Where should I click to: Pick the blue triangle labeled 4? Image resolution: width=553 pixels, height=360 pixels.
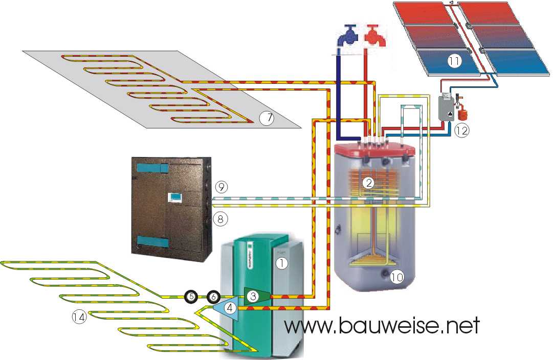click(229, 308)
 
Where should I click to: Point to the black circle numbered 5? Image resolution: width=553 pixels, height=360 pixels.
click(190, 296)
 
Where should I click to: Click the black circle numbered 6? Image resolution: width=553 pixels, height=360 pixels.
click(214, 296)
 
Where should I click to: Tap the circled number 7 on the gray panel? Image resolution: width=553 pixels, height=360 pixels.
click(267, 118)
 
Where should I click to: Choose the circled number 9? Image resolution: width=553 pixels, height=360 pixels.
click(220, 187)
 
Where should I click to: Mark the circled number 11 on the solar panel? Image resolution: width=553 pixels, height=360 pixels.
click(454, 61)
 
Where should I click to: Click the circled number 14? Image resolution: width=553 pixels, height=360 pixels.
click(79, 318)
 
